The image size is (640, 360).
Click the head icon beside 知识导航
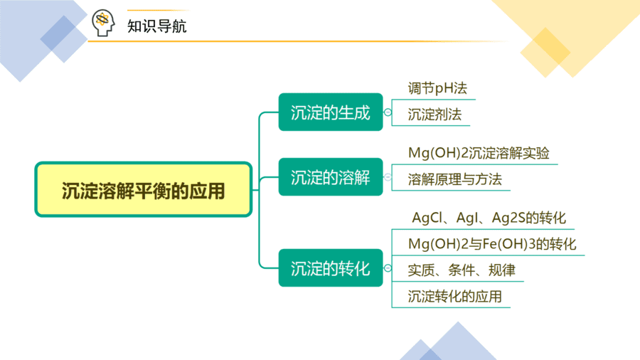pos(103,23)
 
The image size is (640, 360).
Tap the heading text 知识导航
pos(156,26)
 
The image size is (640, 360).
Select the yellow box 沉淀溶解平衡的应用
pos(143,189)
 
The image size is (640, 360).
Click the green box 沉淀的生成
pos(331,112)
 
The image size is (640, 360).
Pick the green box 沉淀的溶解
pos(331,177)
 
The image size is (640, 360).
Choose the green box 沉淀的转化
pos(331,268)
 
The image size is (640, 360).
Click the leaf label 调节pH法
pos(437,88)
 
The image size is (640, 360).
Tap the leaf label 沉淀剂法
pos(434,115)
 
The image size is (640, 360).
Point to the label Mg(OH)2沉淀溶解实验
pos(479,153)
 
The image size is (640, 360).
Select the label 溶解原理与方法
pos(454,179)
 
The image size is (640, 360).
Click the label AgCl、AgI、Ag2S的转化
pos(489,218)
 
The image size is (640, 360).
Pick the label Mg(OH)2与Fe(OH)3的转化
pos(492,244)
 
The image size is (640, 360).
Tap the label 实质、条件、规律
pos(462,270)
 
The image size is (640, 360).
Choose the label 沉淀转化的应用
pos(454,297)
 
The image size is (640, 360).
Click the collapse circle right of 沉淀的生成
pos(388,112)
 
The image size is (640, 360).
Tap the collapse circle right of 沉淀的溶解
pos(388,177)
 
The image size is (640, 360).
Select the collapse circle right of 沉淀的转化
pos(388,268)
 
